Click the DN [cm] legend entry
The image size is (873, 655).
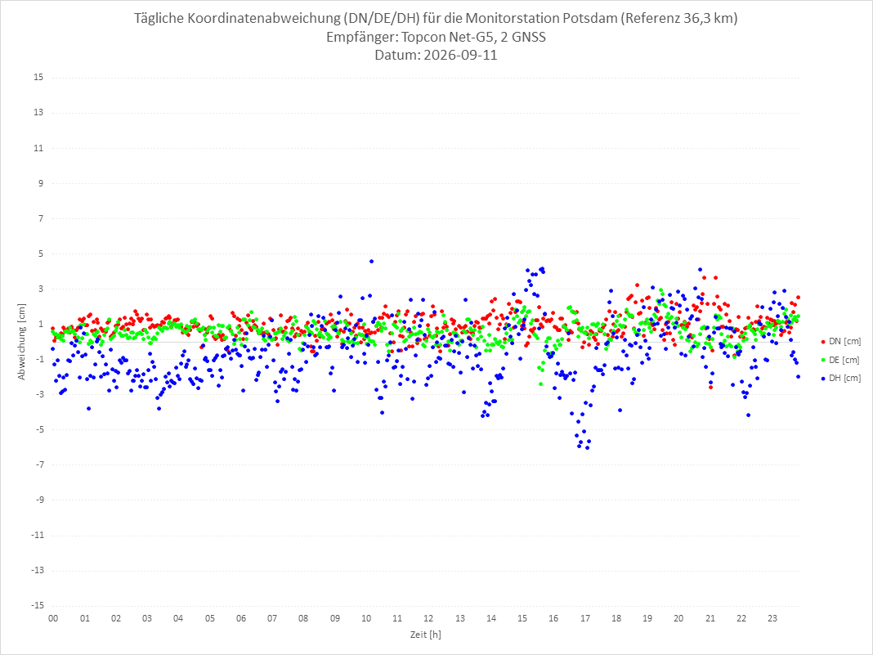[x=840, y=342]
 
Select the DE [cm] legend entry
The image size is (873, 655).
[x=840, y=360]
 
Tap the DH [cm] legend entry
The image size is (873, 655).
[x=840, y=378]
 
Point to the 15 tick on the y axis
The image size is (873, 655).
[x=38, y=77]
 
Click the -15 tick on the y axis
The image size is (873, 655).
[x=37, y=605]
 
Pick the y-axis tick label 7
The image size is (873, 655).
[x=41, y=218]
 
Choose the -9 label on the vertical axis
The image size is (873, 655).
[x=38, y=500]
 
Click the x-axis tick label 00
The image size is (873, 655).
[x=53, y=618]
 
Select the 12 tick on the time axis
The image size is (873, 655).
[x=428, y=618]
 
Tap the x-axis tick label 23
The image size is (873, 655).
[x=772, y=618]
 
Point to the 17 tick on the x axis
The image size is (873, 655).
[x=584, y=618]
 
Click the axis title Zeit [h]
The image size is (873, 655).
[x=425, y=635]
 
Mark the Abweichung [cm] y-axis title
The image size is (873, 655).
[x=22, y=342]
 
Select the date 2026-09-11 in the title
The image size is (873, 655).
[x=460, y=55]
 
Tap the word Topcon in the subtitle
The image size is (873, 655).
[x=424, y=38]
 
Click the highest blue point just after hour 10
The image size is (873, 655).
[x=371, y=261]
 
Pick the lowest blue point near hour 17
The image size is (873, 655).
[x=588, y=448]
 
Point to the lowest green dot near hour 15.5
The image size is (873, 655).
[x=540, y=384]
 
